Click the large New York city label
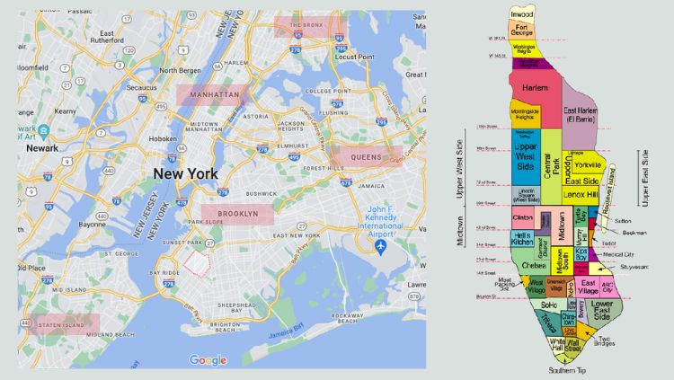(191, 172)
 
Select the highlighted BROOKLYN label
(236, 214)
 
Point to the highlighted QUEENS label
(366, 156)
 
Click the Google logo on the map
(208, 360)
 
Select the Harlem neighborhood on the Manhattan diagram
(535, 87)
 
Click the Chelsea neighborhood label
(532, 265)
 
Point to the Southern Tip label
(568, 369)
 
